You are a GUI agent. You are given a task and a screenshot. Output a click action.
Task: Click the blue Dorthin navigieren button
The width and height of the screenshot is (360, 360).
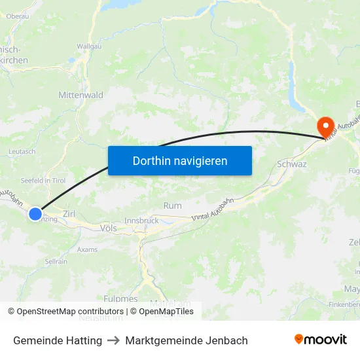pyautogui.click(x=180, y=160)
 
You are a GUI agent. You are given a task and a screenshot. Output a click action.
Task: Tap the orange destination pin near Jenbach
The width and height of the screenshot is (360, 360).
pyautogui.click(x=325, y=126)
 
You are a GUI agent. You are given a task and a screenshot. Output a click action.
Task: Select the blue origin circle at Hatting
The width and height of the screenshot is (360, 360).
pyautogui.click(x=35, y=213)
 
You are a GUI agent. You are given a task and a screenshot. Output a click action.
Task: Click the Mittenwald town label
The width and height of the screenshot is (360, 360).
pyautogui.click(x=81, y=95)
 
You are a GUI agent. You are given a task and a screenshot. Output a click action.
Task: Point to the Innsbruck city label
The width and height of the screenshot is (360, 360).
pyautogui.click(x=141, y=221)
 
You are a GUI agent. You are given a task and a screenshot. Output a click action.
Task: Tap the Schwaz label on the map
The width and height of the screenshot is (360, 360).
pyautogui.click(x=292, y=164)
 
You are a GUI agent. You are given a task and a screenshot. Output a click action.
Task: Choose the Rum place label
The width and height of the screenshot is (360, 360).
pyautogui.click(x=173, y=206)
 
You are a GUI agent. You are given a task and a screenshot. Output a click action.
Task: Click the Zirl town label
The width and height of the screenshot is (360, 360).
pyautogui.click(x=69, y=214)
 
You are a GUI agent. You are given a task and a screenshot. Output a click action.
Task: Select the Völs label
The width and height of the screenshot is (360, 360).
pyautogui.click(x=109, y=228)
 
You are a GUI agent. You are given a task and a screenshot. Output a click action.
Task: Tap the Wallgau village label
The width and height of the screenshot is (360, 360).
pyautogui.click(x=88, y=46)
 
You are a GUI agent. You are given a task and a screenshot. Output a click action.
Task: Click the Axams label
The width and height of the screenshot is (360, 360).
pyautogui.click(x=87, y=249)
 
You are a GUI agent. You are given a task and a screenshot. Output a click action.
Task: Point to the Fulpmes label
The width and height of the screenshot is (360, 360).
pyautogui.click(x=120, y=298)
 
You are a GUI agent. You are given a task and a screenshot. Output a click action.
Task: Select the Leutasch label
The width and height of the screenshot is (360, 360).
pyautogui.click(x=22, y=151)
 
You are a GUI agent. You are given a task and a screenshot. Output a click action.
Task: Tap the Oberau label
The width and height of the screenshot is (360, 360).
pyautogui.click(x=17, y=16)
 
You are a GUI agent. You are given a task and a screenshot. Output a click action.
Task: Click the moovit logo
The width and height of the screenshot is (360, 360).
pyautogui.click(x=321, y=340)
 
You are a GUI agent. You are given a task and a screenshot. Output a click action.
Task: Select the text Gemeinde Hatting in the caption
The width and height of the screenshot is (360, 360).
pyautogui.click(x=58, y=340)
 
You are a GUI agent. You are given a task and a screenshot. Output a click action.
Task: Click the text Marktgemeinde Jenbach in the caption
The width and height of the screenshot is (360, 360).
pyautogui.click(x=187, y=340)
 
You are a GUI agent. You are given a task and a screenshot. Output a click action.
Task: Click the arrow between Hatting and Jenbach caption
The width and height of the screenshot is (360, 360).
pyautogui.click(x=113, y=340)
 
